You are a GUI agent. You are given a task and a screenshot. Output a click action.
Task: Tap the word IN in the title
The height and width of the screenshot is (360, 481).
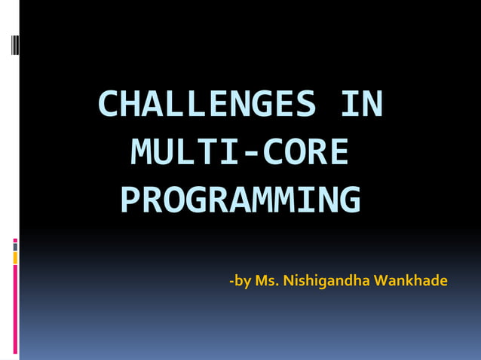361,105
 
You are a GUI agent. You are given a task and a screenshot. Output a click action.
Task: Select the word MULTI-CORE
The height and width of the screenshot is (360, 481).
240,152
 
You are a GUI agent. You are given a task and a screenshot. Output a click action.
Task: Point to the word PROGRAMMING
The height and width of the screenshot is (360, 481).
240,200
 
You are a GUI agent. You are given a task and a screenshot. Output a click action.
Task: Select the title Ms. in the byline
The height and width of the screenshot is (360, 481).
267,281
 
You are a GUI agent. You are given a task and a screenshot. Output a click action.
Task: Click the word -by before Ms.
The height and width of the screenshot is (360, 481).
240,281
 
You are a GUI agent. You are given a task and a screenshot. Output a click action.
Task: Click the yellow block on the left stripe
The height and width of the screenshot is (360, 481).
15,258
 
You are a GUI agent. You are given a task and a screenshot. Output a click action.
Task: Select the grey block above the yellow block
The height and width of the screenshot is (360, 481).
15,246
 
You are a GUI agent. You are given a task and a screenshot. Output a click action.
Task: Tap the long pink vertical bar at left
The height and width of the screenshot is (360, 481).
15,309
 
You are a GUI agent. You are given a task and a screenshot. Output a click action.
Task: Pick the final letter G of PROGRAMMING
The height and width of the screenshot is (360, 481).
349,200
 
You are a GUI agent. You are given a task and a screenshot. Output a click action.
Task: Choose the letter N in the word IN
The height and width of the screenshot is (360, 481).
372,105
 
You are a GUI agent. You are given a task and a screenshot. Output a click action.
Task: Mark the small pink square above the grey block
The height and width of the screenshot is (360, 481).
15,240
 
